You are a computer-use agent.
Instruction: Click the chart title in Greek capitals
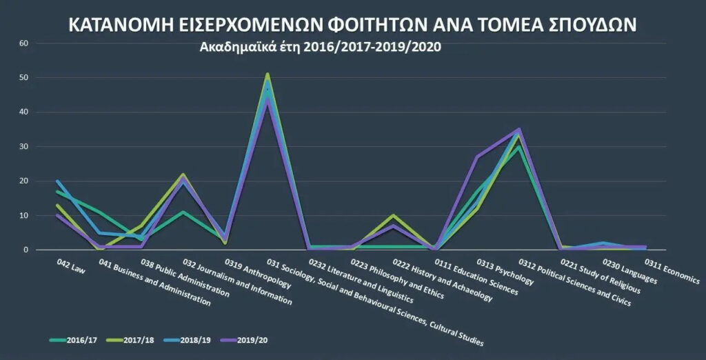coord(352,25)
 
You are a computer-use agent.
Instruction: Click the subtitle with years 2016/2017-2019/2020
coord(320,48)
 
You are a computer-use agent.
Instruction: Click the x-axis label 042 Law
coord(72,268)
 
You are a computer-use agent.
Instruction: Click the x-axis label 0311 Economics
coord(672,271)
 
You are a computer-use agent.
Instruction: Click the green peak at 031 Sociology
coord(267,74)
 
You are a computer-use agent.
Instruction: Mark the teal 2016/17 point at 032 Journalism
coord(183,212)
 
